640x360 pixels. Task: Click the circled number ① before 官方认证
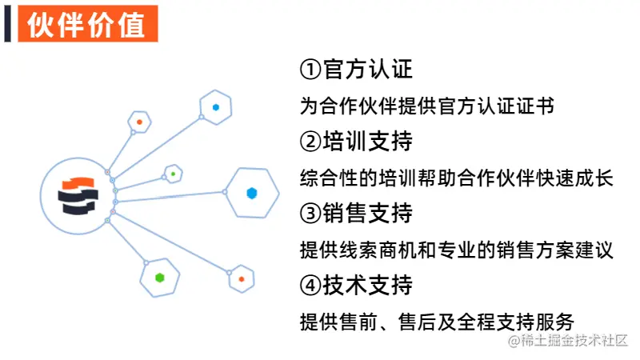point(310,70)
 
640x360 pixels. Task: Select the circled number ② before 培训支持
point(310,142)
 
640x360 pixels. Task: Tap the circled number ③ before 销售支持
point(310,214)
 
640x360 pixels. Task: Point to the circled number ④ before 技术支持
point(310,285)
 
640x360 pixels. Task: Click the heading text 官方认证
point(368,70)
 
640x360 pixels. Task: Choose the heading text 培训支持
point(368,142)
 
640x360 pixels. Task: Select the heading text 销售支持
point(368,214)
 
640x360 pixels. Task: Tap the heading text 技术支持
point(368,285)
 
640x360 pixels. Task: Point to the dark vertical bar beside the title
point(7,25)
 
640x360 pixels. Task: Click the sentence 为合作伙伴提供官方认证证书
point(427,106)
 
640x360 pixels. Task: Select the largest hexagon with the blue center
point(252,193)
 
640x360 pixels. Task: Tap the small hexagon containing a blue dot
point(216,106)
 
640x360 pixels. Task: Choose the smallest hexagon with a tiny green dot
point(173,173)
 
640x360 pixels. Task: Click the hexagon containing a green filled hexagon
point(160,278)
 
